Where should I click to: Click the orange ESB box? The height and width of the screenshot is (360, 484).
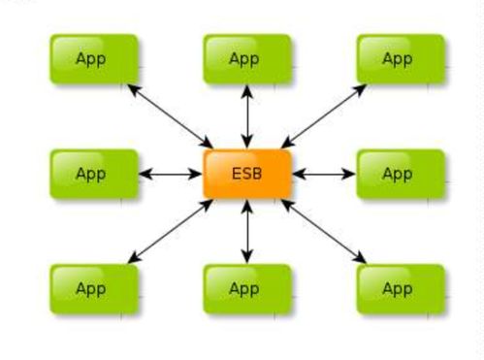pos(247,174)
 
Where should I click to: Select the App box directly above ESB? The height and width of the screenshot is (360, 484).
pos(247,59)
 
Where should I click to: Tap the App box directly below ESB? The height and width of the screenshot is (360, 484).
pos(247,289)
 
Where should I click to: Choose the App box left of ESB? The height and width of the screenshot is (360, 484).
pos(94,174)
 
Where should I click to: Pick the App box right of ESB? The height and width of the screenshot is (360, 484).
pos(401,174)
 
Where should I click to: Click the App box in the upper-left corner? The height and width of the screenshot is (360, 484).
pos(94,59)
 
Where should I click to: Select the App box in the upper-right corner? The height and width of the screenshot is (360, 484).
pos(401,59)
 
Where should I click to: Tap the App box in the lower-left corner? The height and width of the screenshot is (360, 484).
pos(94,289)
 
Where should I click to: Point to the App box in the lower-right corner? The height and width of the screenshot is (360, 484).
pos(401,289)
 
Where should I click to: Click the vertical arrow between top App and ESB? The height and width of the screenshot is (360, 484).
pos(247,116)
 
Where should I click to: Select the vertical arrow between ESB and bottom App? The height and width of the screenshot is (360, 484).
pos(247,232)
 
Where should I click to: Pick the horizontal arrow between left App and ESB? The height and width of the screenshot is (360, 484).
pos(171,174)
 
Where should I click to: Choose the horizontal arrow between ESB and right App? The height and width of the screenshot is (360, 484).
pos(324,174)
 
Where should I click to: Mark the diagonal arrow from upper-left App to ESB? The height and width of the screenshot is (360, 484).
pos(171,116)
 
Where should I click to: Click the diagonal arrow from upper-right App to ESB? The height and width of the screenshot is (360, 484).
pos(324,116)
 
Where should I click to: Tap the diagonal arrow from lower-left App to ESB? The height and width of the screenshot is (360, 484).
pos(171,232)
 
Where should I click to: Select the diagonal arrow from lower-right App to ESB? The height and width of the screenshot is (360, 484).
pos(324,232)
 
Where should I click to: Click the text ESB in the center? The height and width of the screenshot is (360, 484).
pos(246,174)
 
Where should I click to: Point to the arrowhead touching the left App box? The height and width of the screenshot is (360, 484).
pos(145,174)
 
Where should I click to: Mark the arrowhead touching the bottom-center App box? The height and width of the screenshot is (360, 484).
pos(247,256)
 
